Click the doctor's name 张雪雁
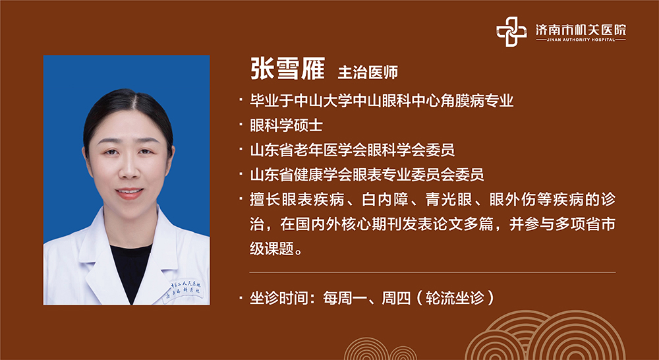[287, 69]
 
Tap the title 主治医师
[368, 73]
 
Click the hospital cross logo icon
[511, 32]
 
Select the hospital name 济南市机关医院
[581, 30]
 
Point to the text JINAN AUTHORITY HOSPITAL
[581, 40]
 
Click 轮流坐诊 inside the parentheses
[454, 298]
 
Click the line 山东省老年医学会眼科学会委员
[352, 150]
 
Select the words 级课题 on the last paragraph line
[272, 249]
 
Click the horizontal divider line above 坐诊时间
[432, 272]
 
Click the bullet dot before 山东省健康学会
[241, 173]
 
